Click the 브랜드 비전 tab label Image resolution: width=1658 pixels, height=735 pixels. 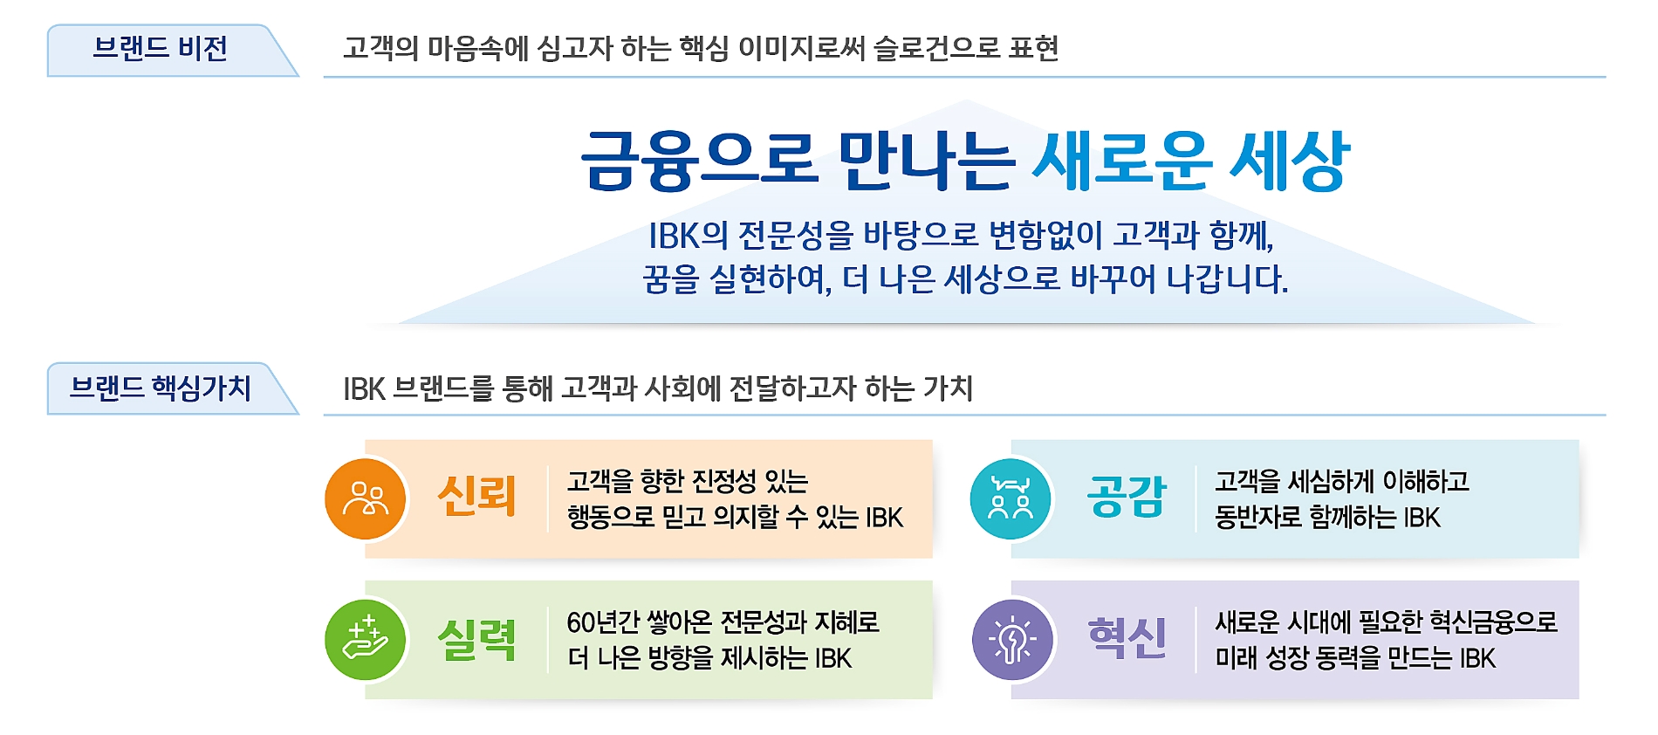tap(160, 49)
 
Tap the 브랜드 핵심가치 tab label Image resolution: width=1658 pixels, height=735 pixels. tap(160, 388)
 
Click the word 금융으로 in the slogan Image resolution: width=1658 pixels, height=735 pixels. tap(699, 161)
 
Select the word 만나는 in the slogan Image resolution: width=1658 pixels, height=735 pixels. tap(926, 161)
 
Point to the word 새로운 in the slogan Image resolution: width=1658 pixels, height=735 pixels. tap(1121, 161)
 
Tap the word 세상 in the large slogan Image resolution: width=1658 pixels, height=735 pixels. tap(1289, 161)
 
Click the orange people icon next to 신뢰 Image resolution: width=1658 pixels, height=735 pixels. tap(366, 499)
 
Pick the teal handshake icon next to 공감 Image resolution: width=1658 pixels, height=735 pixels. tap(1011, 499)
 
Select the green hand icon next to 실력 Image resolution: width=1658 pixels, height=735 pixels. tap(366, 640)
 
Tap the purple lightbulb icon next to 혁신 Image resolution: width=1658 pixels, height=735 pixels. tap(1012, 640)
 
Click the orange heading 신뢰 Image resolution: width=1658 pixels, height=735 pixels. tap(476, 497)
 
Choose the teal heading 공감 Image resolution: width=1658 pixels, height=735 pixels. tap(1126, 497)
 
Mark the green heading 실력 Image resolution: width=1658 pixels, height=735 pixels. tap(476, 640)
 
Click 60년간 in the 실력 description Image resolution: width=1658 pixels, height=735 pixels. tap(603, 622)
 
